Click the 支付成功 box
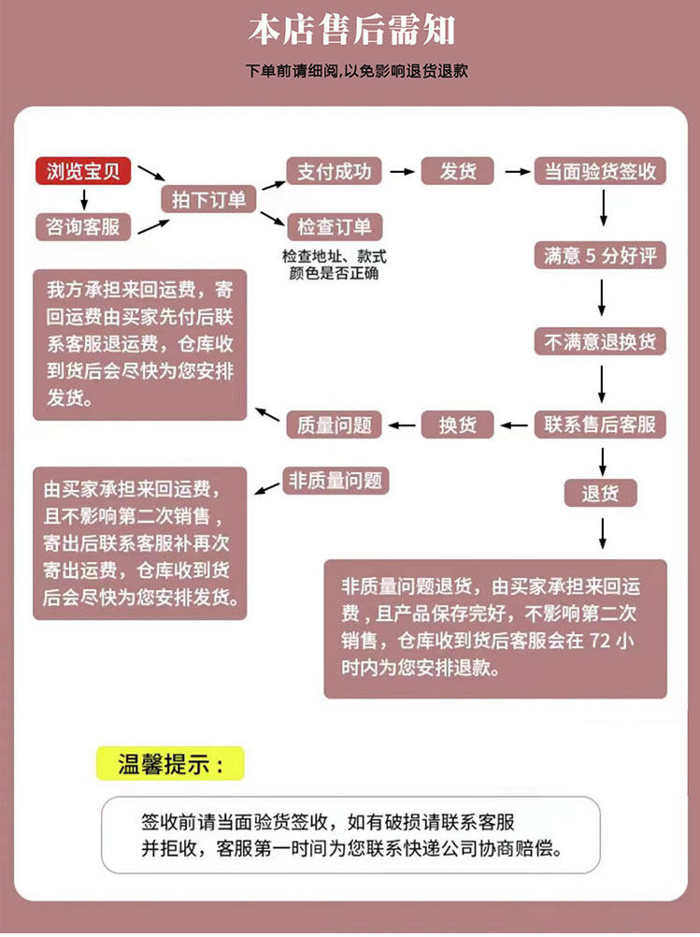point(334,171)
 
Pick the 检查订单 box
point(334,226)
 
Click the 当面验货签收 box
point(601,171)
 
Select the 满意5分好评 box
point(601,255)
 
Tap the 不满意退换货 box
point(601,341)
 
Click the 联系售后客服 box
point(601,425)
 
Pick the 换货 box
point(458,425)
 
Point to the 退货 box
point(601,493)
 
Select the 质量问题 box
point(334,425)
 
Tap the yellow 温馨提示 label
point(169,763)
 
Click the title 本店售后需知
point(350,31)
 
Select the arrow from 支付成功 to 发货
point(401,171)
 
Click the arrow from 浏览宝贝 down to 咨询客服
point(84,199)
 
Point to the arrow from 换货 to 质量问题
point(403,425)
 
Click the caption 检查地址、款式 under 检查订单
point(334,256)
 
